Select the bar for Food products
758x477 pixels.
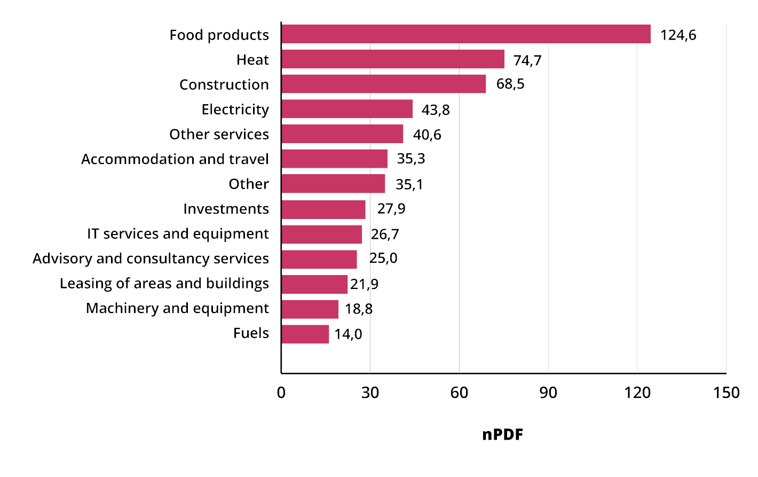click(x=465, y=34)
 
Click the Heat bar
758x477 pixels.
click(x=393, y=59)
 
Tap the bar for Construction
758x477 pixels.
click(x=383, y=84)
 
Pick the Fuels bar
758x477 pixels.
click(x=305, y=334)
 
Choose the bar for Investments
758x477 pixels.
click(x=323, y=209)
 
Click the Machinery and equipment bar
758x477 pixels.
click(x=310, y=309)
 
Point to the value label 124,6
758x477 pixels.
click(x=678, y=35)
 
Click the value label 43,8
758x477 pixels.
click(x=436, y=110)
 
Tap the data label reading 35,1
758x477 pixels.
click(x=409, y=185)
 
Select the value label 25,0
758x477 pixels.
click(x=383, y=259)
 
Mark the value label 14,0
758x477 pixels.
click(x=348, y=334)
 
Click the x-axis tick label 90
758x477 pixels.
click(x=548, y=393)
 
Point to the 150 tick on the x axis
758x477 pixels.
click(x=726, y=393)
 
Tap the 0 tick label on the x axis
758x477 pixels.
click(x=281, y=393)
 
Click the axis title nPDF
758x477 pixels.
click(x=502, y=434)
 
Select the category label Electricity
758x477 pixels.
click(x=235, y=110)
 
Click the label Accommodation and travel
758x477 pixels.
click(x=175, y=159)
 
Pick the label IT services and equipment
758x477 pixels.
click(x=178, y=234)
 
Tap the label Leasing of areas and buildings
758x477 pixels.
click(x=164, y=284)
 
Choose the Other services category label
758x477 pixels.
click(x=219, y=135)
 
